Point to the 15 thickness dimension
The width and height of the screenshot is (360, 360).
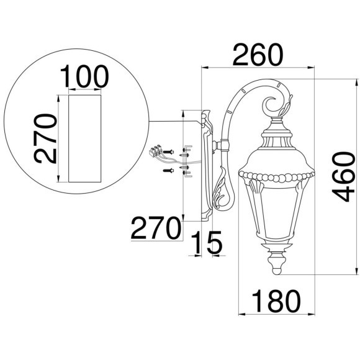(205, 243)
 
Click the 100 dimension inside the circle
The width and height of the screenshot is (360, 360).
(84, 76)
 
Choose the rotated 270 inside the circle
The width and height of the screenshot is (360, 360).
(45, 138)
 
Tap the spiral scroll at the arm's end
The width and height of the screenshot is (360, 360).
(273, 105)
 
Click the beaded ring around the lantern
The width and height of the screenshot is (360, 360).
(277, 178)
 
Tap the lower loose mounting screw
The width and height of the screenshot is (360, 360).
(166, 169)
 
